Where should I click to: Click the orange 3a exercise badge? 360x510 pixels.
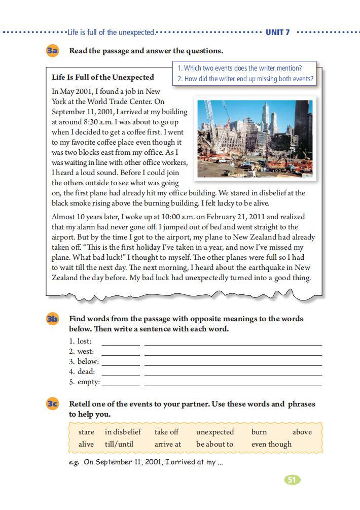tap(52, 51)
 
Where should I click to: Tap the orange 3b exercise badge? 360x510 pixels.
tap(52, 319)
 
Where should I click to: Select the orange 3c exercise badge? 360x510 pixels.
tap(52, 404)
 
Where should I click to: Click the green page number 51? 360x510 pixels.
tap(292, 480)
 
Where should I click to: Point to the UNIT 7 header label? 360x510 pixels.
tap(278, 32)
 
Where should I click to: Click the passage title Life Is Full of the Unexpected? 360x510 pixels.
tap(103, 78)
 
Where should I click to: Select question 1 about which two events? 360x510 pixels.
tap(239, 68)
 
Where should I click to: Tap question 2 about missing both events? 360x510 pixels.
tap(245, 79)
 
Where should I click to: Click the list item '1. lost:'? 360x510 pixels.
tap(80, 341)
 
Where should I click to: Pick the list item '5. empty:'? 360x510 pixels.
tap(84, 382)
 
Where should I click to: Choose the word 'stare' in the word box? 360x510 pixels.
tap(86, 432)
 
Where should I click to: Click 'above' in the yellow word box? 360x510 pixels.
tap(302, 432)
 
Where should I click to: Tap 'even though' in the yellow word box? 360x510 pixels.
tap(271, 445)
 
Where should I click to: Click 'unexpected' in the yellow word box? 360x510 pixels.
tap(215, 432)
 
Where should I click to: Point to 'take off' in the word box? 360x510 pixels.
tap(166, 432)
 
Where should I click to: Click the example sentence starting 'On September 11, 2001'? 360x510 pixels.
tap(153, 462)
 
